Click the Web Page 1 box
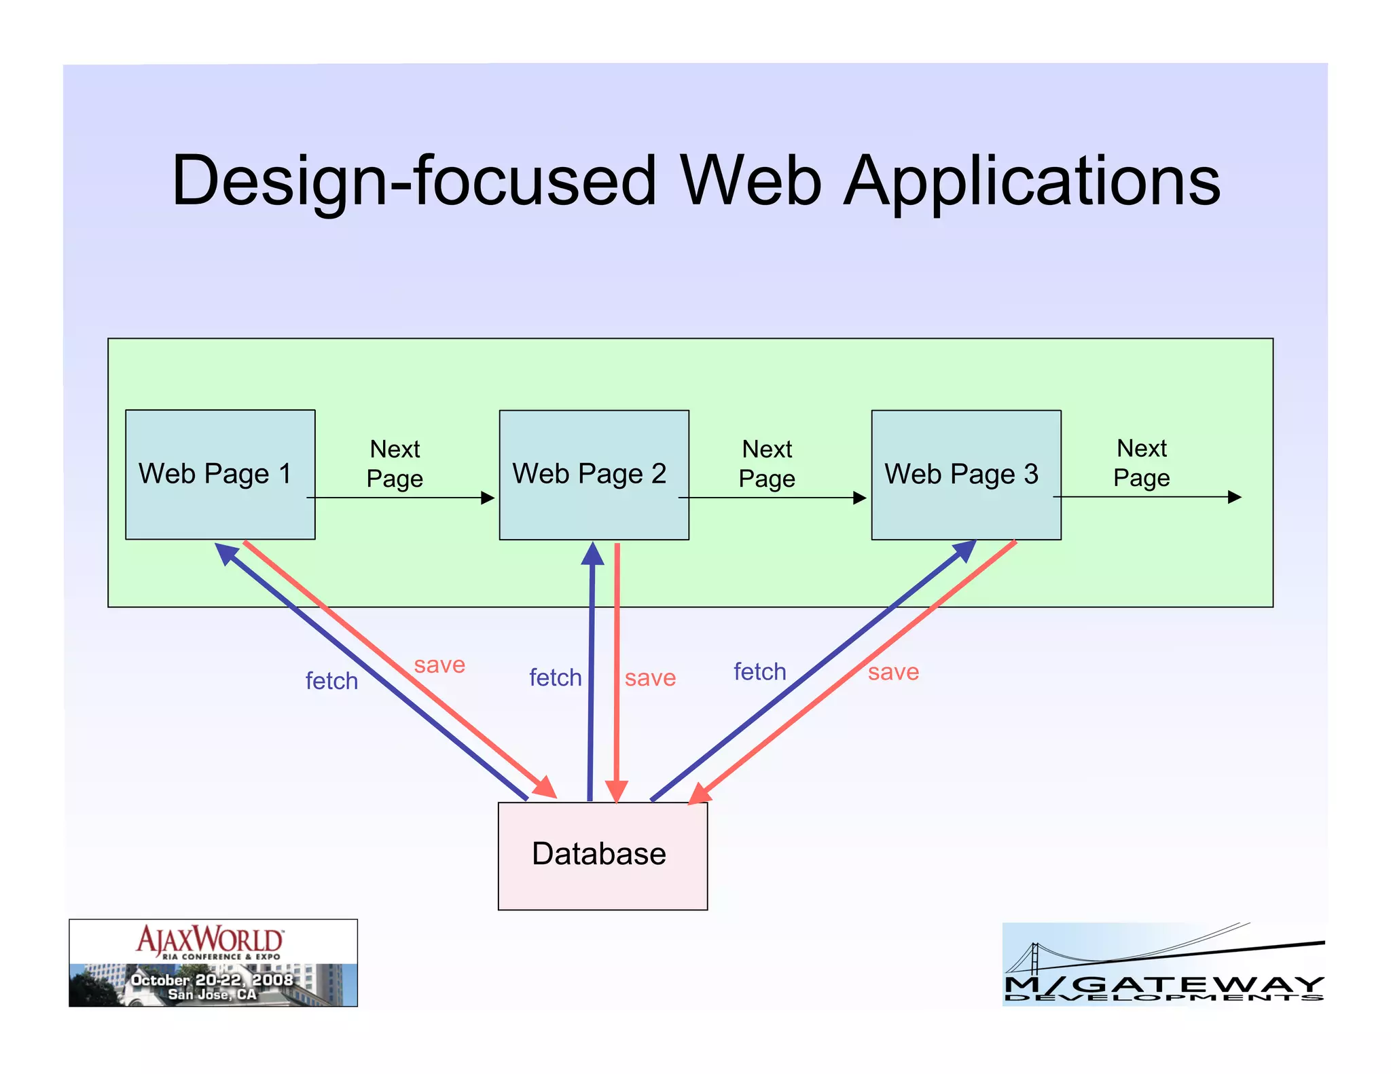coord(220,474)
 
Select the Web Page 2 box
coord(594,474)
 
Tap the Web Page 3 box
coord(966,474)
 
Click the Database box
coord(602,855)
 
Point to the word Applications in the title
coord(1032,181)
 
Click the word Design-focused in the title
coord(414,181)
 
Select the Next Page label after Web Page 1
coord(395,464)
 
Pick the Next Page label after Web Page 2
coord(767,464)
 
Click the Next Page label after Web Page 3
coord(1142,463)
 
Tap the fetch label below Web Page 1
coord(331,681)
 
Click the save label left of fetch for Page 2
coord(439,665)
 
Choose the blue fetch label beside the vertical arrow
coord(555,678)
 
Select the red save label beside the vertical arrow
coord(650,678)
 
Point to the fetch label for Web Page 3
coord(759,671)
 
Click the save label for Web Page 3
coord(893,672)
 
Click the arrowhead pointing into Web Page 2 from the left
coord(488,498)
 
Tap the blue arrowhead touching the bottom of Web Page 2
coord(593,553)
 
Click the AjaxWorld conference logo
coord(213,963)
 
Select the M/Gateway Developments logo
coord(1163,964)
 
